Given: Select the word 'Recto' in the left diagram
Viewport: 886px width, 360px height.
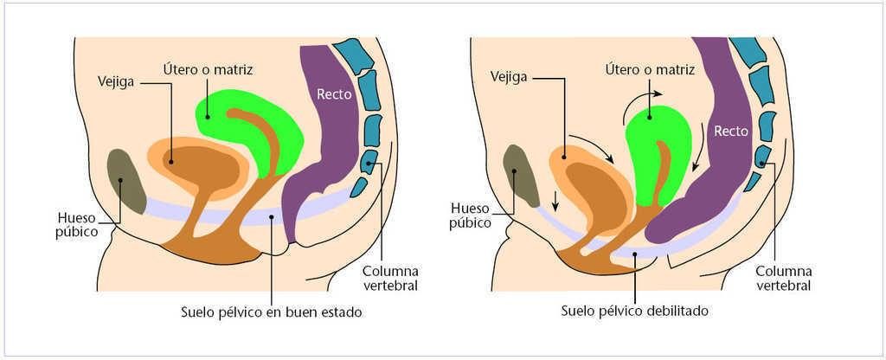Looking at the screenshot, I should (334, 94).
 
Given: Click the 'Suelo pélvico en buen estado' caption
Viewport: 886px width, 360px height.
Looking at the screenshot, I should (271, 311).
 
